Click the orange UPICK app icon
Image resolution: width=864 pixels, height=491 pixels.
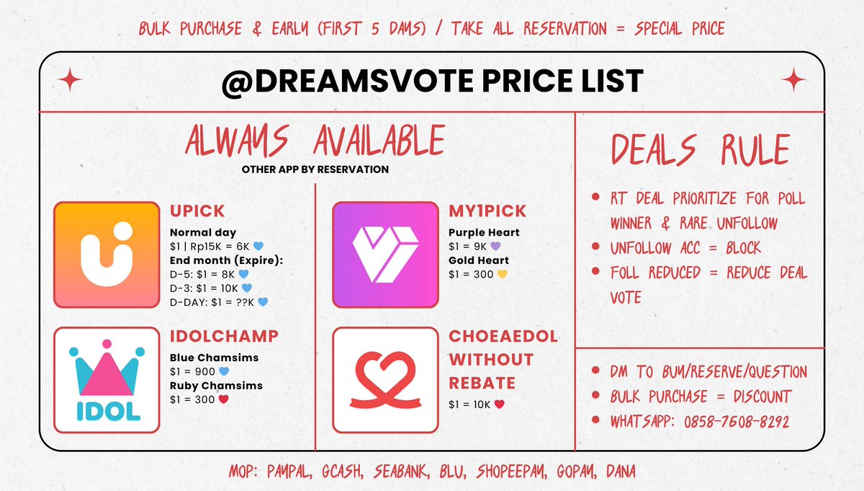106,255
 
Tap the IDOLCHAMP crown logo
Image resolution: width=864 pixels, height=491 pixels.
107,379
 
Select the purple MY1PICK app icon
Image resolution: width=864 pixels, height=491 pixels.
385,255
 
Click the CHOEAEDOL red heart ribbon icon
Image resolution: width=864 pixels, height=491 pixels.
385,379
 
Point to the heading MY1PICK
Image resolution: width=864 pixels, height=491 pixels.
487,211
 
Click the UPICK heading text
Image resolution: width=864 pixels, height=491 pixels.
197,211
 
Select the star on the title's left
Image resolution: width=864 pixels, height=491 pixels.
71,79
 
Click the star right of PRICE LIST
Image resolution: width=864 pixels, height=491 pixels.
793,79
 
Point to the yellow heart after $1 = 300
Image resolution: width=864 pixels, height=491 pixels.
503,274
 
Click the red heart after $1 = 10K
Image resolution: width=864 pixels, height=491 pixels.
499,404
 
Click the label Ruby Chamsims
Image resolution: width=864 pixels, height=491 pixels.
216,386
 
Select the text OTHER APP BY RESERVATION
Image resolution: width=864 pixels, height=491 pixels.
315,169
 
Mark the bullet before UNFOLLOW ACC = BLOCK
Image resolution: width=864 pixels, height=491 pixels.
595,247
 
